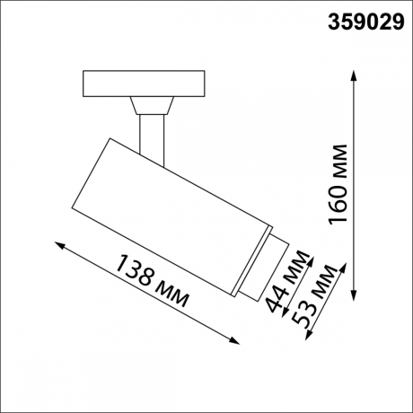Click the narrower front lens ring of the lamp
click(x=258, y=265)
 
